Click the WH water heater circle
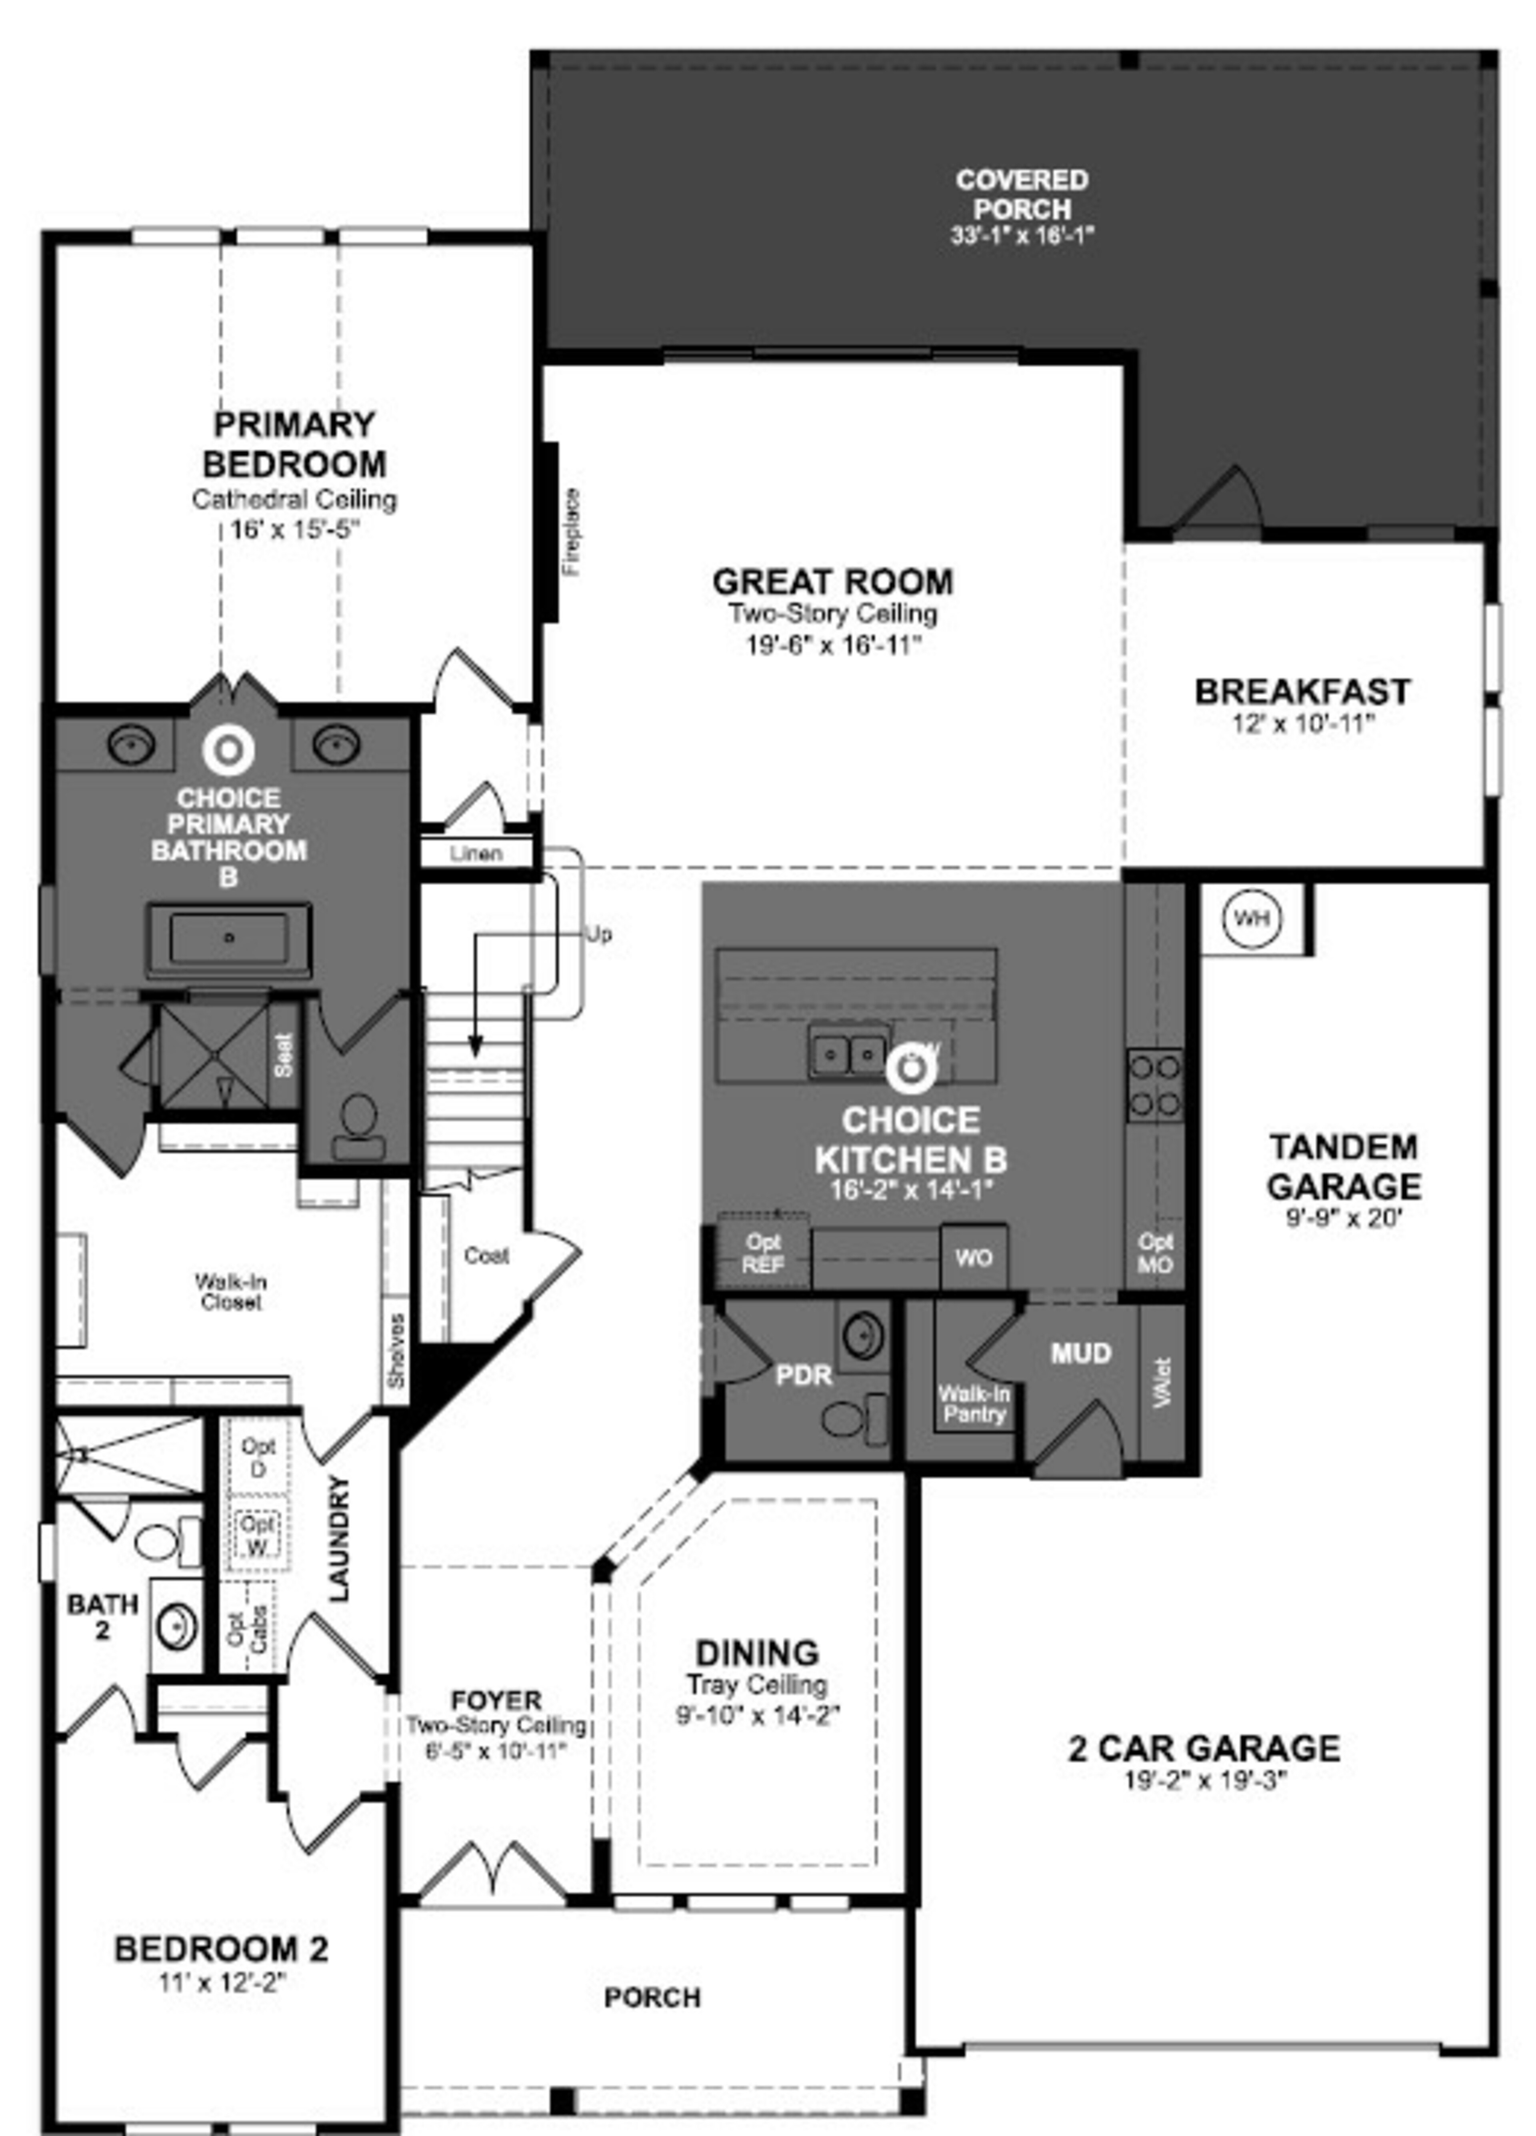click(1251, 917)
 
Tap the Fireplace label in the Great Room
click(571, 532)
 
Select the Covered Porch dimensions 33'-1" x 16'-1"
click(1021, 236)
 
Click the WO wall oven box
click(973, 1257)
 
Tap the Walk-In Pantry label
click(973, 1404)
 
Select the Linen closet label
click(476, 853)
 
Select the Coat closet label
click(486, 1255)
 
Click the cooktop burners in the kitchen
click(1154, 1084)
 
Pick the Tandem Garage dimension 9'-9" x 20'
click(1344, 1218)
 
